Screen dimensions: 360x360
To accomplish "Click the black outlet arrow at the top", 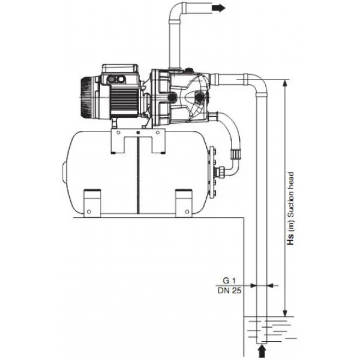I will [218, 9].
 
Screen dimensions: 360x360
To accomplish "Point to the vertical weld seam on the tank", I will [138, 176].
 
